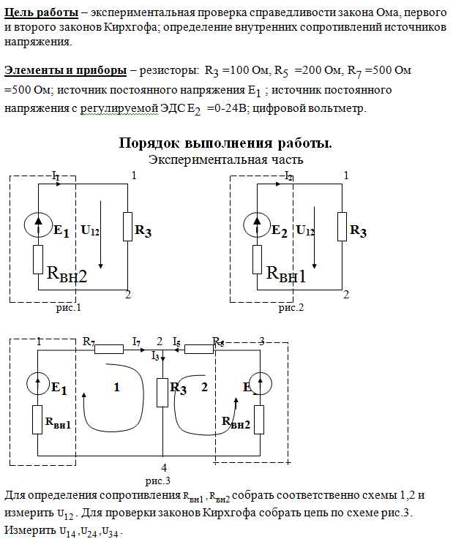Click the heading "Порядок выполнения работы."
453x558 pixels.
225,143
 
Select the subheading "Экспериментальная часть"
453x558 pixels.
225,159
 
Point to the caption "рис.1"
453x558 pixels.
68,308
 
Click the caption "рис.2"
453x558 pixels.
291,308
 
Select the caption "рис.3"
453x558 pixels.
157,480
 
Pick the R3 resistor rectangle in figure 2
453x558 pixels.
342,226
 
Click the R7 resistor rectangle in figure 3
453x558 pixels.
109,350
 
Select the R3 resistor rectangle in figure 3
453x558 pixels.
163,393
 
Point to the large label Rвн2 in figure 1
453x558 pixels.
67,275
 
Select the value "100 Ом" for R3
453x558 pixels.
246,71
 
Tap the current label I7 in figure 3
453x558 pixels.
136,342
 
